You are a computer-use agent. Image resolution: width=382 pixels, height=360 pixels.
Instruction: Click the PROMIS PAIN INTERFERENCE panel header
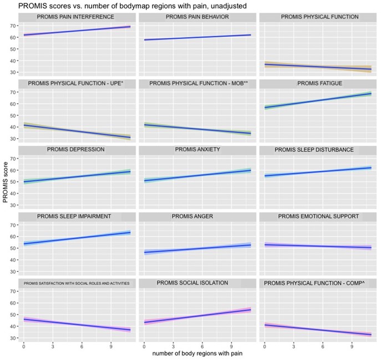coord(75,17)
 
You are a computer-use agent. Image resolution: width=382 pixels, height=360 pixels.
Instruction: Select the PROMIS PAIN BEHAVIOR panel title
coord(196,17)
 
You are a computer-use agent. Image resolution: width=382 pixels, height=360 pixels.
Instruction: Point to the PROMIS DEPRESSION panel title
coord(75,150)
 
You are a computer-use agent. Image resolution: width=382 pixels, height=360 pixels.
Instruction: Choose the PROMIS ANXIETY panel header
coord(197,150)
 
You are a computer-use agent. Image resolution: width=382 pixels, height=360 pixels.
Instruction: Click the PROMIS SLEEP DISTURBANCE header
coord(314,150)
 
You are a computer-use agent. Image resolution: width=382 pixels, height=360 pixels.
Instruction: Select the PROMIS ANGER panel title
coord(197,216)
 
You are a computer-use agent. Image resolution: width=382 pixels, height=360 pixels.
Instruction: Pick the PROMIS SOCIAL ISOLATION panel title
coord(192,283)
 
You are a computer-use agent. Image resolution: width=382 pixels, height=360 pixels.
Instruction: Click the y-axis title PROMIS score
coord(6,184)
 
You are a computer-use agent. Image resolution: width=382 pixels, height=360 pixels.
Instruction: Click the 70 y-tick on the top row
coord(11,26)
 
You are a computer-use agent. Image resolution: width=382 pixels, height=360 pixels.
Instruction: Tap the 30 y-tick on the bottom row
coord(11,338)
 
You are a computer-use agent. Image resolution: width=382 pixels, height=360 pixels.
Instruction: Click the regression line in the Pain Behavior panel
coord(197,37)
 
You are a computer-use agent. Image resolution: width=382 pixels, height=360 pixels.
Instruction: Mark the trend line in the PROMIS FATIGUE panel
coord(318,100)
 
